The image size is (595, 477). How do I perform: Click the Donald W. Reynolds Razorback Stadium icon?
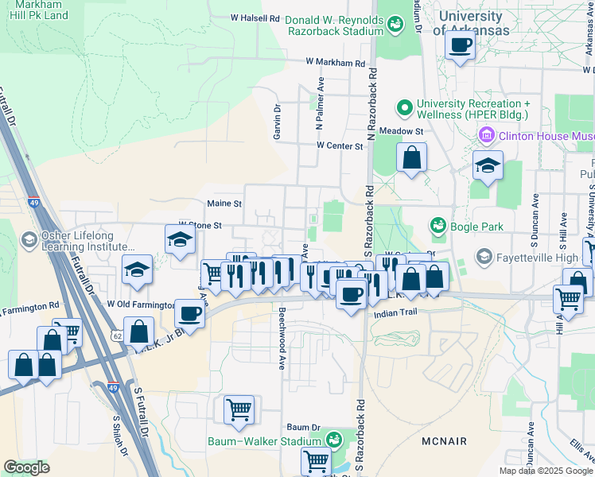tap(395, 26)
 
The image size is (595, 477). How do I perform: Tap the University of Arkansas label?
tap(471, 23)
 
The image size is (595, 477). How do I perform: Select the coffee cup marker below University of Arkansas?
tap(460, 45)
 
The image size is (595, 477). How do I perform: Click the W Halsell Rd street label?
tap(255, 17)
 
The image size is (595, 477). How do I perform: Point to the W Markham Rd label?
tap(335, 63)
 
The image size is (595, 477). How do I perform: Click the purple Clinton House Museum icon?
tap(485, 136)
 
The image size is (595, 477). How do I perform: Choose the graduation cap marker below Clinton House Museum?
tap(488, 165)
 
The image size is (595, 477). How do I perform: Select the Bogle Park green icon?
tap(437, 227)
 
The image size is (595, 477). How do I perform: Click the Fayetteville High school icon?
tap(484, 257)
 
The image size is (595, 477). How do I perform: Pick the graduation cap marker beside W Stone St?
tap(181, 240)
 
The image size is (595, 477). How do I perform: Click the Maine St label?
tap(224, 204)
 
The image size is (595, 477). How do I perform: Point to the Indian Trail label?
tap(395, 315)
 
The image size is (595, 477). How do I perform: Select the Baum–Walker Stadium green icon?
tap(335, 440)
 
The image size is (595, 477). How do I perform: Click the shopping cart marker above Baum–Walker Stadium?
tap(239, 410)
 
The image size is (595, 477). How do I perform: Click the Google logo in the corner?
tap(26, 467)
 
